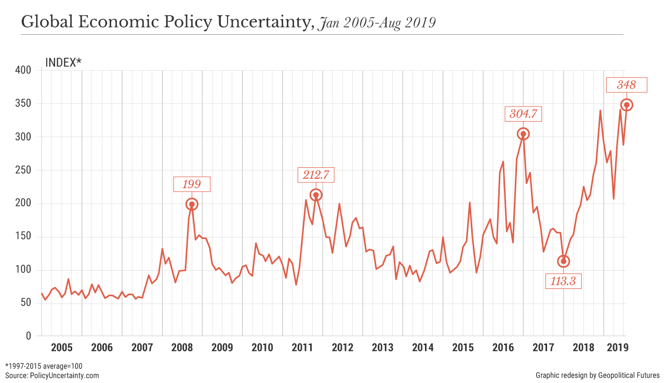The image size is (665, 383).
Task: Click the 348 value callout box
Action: click(x=627, y=85)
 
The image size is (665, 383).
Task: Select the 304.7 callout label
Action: click(x=523, y=114)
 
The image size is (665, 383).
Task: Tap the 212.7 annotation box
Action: click(x=316, y=175)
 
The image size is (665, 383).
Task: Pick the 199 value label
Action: click(x=192, y=184)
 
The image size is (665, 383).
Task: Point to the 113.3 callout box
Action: click(x=564, y=281)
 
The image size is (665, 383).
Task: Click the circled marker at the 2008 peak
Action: click(x=192, y=204)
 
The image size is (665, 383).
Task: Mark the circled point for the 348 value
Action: click(x=627, y=105)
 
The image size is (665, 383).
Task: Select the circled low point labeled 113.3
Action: click(x=564, y=261)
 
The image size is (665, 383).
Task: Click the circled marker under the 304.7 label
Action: click(x=523, y=134)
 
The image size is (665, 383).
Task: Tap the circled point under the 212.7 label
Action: click(x=316, y=195)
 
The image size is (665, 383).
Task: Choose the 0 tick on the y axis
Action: click(x=28, y=336)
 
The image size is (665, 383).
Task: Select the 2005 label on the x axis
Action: click(x=61, y=347)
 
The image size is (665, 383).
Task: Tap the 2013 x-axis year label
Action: click(x=382, y=347)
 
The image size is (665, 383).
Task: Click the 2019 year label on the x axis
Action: click(x=616, y=347)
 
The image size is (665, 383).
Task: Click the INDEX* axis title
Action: click(x=63, y=62)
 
